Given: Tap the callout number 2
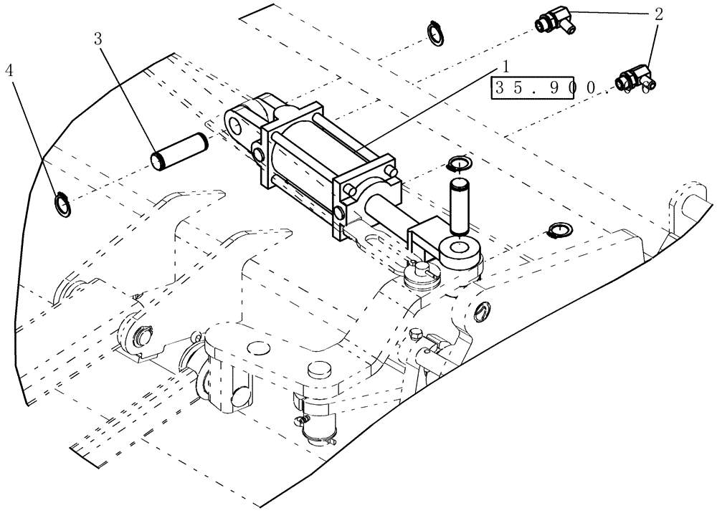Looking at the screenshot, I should (x=659, y=13).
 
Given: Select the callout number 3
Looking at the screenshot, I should (x=99, y=39).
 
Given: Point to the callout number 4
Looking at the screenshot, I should (x=9, y=70).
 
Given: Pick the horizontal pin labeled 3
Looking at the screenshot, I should (x=179, y=151).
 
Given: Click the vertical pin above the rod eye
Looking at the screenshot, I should (x=458, y=206).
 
